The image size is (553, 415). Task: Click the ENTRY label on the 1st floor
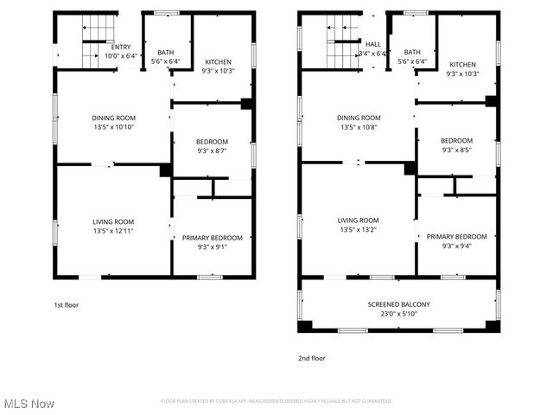pos(121,48)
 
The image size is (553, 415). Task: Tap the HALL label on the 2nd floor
pos(372,44)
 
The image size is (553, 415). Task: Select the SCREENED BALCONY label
pos(398,304)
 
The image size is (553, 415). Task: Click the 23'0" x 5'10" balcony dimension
pos(398,313)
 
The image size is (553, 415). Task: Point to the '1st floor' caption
pos(67,304)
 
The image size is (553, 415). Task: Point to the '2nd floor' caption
pos(311,358)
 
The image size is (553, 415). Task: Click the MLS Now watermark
pos(29,404)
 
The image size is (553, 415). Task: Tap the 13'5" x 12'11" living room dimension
pos(113,232)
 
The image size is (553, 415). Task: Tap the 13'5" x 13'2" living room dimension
pos(359,230)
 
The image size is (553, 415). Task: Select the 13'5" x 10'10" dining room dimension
pos(113,127)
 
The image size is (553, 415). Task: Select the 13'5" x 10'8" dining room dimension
pos(359,127)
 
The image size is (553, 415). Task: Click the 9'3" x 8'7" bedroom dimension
pos(212,151)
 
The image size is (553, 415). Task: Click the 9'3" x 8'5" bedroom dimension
pos(456,150)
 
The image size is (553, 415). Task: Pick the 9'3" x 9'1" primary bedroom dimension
pos(212,246)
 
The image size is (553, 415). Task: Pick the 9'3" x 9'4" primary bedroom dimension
pos(456,246)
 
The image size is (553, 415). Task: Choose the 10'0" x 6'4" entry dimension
pos(121,56)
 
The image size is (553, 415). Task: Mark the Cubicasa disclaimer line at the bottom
pos(276,401)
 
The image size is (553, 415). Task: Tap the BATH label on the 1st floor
pos(165,53)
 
